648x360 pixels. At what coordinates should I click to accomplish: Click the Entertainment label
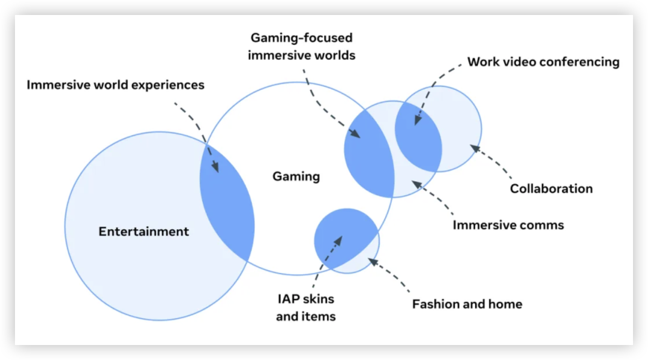tap(143, 232)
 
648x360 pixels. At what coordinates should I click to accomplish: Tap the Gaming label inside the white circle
tap(296, 176)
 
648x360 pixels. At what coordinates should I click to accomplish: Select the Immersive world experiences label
tap(115, 85)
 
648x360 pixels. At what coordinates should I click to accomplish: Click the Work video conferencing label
tap(543, 62)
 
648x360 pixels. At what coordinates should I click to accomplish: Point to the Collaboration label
tap(551, 188)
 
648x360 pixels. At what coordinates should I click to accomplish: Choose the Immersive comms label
tap(508, 226)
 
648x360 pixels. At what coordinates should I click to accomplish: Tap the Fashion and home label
tap(467, 304)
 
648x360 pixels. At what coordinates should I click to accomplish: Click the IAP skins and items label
tap(305, 307)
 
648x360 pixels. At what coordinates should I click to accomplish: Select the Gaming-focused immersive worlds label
tap(302, 46)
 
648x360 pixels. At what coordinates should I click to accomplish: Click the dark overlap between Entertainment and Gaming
tap(227, 204)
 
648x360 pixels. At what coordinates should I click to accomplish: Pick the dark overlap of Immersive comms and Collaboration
tap(419, 138)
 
